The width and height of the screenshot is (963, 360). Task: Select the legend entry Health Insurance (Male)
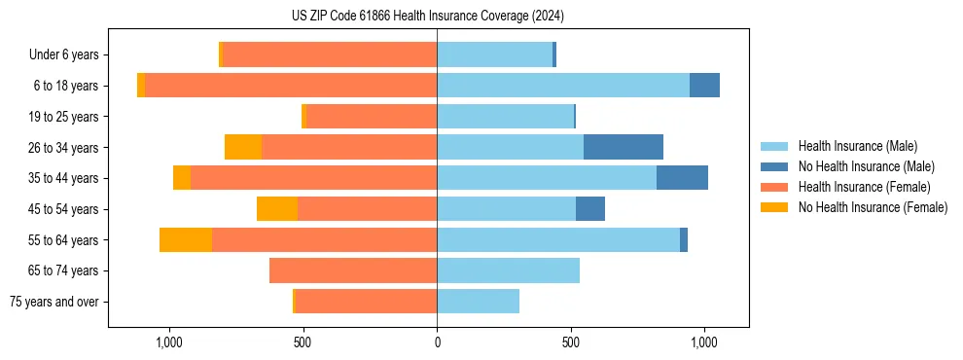(857, 146)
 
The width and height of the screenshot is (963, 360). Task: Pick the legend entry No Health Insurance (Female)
(872, 207)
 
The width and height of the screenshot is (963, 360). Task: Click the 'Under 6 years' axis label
(63, 54)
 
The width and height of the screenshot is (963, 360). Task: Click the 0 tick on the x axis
(437, 342)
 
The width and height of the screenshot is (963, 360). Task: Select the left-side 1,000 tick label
(169, 342)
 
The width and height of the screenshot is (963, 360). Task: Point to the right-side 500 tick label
(571, 342)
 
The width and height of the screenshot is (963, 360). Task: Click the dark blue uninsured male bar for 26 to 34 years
(623, 147)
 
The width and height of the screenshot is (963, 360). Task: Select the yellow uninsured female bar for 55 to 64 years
(186, 239)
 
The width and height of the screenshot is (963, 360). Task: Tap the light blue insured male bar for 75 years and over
(478, 302)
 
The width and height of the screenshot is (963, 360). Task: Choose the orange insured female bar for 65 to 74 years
(353, 270)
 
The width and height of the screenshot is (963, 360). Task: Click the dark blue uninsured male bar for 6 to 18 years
(704, 86)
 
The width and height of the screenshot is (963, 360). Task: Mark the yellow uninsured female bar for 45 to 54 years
(277, 209)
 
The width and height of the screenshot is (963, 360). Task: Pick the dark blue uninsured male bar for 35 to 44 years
(682, 178)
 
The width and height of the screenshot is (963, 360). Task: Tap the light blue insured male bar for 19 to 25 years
(505, 117)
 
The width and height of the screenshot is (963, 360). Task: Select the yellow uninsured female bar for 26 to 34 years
(243, 147)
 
